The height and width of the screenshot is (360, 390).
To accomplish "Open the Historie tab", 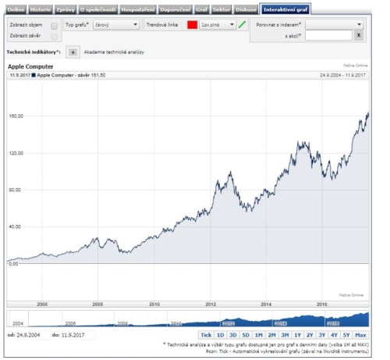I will point(41,9).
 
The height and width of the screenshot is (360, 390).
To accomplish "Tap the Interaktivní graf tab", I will point(285,9).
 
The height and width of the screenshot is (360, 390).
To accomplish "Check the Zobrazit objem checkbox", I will point(54,25).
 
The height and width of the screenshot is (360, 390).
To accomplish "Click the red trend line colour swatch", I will point(192,25).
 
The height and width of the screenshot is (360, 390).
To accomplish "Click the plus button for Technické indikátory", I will point(73,52).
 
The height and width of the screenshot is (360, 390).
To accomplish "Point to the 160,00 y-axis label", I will point(16,116).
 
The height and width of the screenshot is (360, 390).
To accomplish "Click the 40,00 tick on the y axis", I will point(16,226).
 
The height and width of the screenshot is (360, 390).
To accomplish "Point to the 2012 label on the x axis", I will point(211,303).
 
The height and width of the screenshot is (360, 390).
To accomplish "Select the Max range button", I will point(360,334).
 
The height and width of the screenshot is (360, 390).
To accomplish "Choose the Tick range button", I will point(206,334).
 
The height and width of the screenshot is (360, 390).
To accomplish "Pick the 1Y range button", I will point(297,334).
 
